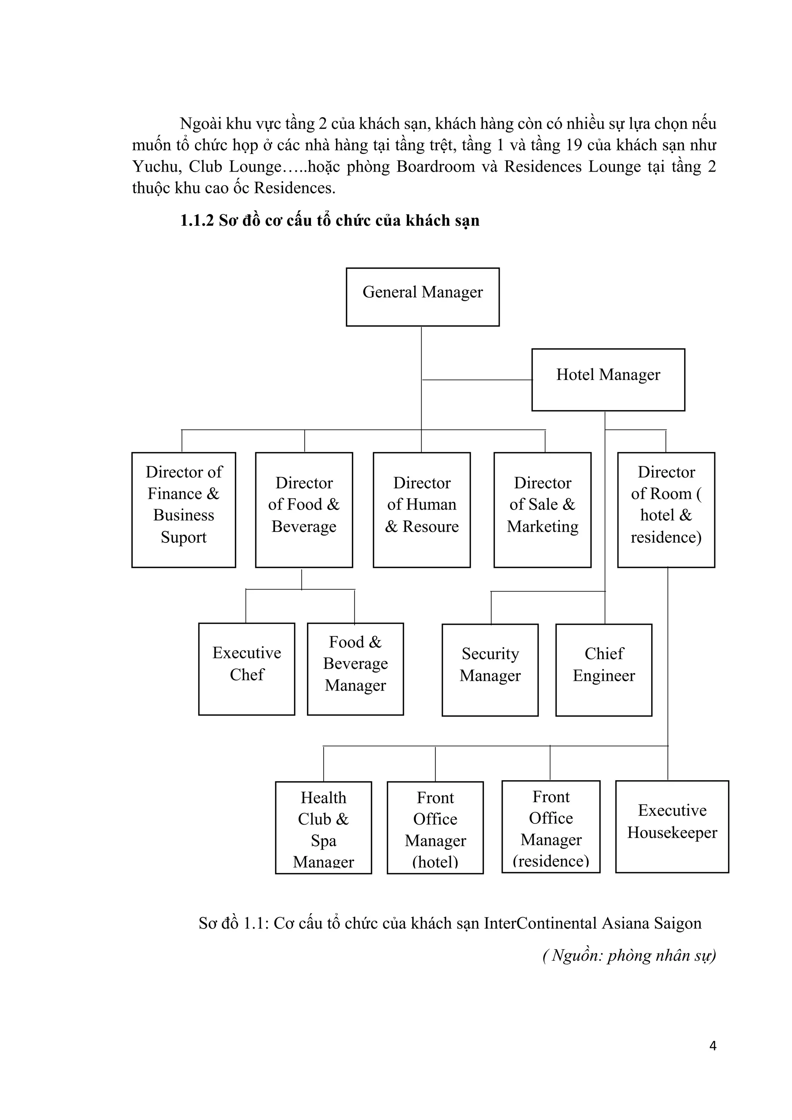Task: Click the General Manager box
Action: click(x=423, y=297)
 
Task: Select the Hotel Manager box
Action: click(x=608, y=380)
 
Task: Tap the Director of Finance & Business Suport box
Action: click(x=183, y=510)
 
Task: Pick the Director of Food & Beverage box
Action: click(x=304, y=510)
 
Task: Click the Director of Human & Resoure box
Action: click(x=422, y=510)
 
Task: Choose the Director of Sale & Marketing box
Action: click(x=542, y=510)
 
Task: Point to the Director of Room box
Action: click(x=666, y=510)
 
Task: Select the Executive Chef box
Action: click(x=246, y=669)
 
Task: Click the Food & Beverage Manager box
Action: click(x=355, y=669)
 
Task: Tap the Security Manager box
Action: click(x=490, y=670)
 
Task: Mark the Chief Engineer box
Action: click(x=604, y=670)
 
